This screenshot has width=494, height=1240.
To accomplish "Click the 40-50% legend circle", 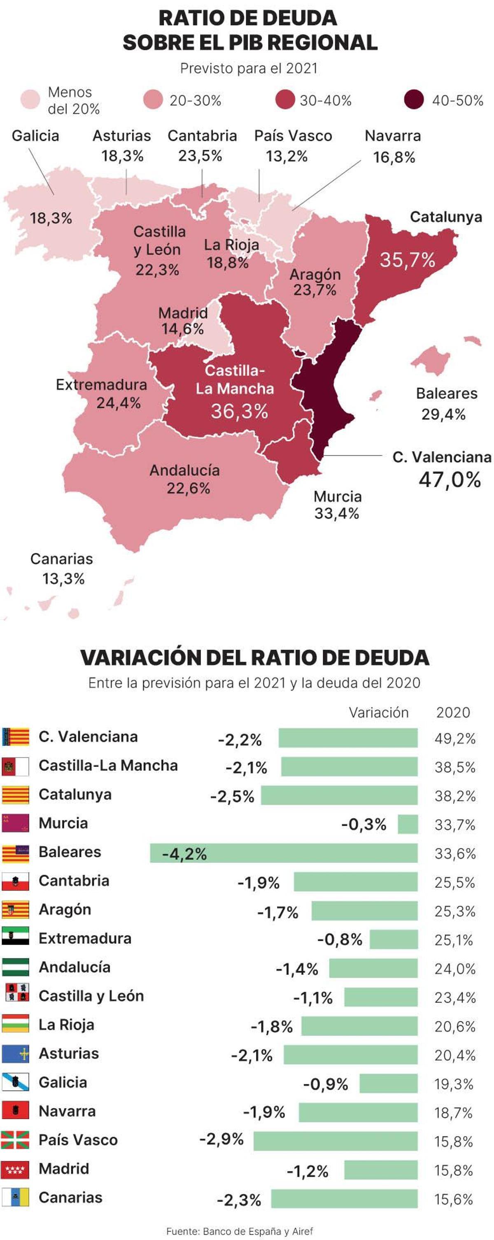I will (414, 100).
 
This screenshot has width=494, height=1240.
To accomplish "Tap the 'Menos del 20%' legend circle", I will (30, 100).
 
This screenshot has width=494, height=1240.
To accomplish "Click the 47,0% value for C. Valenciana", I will (449, 480).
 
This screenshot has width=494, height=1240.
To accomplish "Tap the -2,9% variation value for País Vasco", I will (221, 1139).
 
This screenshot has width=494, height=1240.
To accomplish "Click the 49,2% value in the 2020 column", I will (454, 738).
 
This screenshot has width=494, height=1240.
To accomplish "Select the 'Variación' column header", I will (378, 712).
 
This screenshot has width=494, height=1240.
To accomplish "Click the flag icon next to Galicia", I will (15, 1082).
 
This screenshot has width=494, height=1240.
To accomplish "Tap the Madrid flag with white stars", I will (15, 1169).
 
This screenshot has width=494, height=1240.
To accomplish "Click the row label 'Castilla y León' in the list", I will (91, 995).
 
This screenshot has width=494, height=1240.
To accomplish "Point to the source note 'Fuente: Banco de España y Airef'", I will (239, 1231).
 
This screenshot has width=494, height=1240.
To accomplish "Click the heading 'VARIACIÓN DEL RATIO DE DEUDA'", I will (254, 657).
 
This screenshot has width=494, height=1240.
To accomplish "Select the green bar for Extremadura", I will (394, 939).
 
